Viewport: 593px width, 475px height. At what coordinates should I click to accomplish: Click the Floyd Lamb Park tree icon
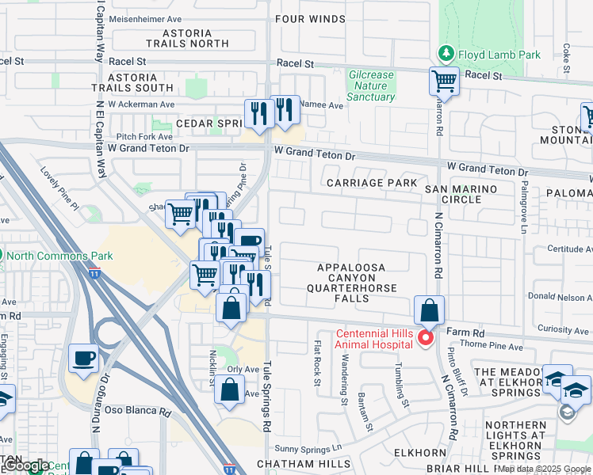[x=446, y=55]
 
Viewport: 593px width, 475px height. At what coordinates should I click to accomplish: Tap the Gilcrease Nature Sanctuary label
[x=371, y=85]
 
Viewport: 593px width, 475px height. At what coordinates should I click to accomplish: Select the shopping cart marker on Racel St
[x=444, y=82]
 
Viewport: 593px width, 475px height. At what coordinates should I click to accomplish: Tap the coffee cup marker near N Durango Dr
[x=83, y=359]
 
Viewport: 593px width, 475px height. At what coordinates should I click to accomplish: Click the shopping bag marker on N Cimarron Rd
[x=429, y=310]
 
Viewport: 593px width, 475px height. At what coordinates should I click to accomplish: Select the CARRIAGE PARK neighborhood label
[x=372, y=183]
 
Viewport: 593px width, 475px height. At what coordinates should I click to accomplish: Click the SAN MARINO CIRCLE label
[x=463, y=194]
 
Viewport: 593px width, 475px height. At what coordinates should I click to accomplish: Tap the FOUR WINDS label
[x=311, y=18]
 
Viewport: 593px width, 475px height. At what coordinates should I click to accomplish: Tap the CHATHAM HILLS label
[x=304, y=463]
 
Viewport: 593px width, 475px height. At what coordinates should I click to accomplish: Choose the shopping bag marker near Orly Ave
[x=229, y=390]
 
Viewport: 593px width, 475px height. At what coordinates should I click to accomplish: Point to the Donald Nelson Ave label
[x=560, y=296]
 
